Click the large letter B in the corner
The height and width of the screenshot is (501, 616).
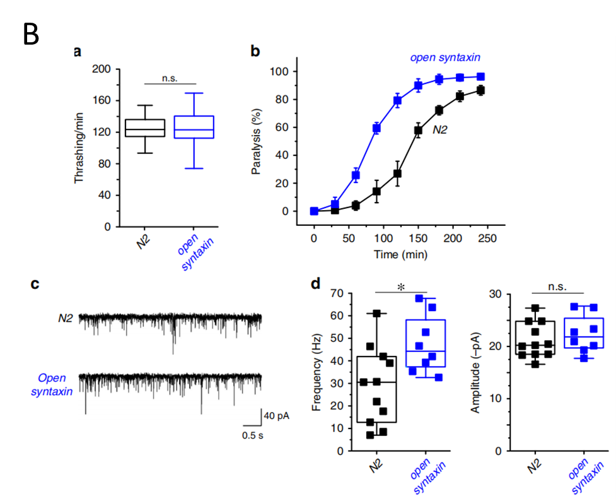tap(32, 34)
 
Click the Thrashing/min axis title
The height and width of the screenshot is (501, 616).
tap(80, 148)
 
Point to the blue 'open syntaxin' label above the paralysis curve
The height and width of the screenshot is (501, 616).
tap(450, 58)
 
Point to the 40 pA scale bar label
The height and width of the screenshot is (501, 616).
tap(277, 416)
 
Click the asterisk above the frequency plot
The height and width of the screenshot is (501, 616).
tap(400, 287)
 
